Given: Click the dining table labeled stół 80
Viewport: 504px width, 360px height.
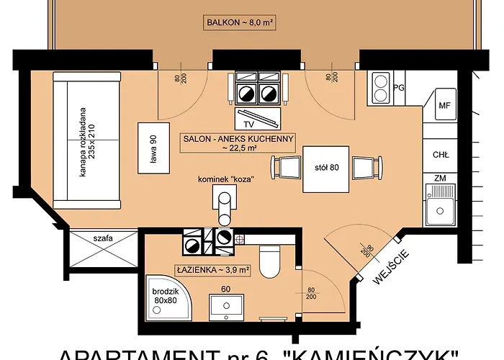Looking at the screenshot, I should (326, 168).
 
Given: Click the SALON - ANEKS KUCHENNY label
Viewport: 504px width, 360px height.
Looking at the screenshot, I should (238, 142).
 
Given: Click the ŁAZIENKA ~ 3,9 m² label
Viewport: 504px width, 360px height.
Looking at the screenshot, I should (213, 271).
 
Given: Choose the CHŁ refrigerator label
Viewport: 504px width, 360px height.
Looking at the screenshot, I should (441, 154).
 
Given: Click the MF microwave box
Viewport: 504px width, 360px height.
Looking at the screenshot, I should (444, 107).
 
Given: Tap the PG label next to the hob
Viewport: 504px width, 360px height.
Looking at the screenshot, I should (400, 89).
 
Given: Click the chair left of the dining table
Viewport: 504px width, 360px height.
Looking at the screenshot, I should (288, 168).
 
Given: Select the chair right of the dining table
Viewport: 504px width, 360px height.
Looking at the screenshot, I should (362, 168).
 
